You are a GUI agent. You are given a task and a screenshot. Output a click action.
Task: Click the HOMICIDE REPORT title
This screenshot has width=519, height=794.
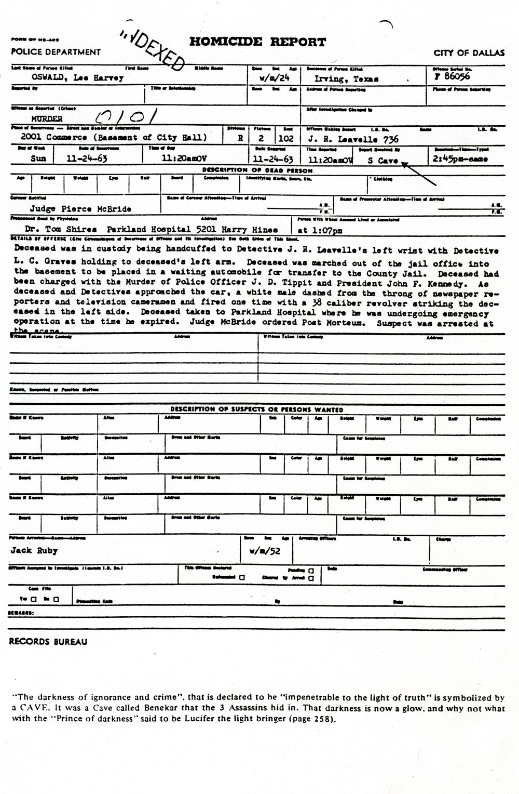click(x=257, y=43)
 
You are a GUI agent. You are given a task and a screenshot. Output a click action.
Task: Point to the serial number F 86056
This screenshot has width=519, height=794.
click(x=448, y=76)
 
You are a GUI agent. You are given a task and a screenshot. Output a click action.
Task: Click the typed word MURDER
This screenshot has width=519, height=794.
click(x=47, y=119)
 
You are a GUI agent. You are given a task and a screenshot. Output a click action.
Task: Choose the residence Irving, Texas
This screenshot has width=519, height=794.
click(x=346, y=79)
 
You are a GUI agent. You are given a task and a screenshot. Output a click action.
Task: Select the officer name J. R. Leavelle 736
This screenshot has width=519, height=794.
click(x=353, y=139)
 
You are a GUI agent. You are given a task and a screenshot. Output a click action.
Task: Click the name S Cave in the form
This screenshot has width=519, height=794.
click(x=383, y=161)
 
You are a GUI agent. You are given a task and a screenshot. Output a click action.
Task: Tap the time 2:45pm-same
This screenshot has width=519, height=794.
click(x=460, y=159)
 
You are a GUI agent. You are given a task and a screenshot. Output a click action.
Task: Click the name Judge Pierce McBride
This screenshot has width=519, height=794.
click(x=80, y=209)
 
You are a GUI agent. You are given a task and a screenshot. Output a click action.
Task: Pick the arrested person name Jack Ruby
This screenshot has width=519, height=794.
click(x=34, y=551)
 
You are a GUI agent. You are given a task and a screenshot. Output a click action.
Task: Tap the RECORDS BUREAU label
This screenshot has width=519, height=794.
click(x=48, y=642)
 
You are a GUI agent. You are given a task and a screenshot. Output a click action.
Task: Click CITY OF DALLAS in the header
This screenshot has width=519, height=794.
click(x=469, y=52)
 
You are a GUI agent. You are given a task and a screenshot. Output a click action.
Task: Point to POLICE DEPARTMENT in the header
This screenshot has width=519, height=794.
click(x=56, y=52)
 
